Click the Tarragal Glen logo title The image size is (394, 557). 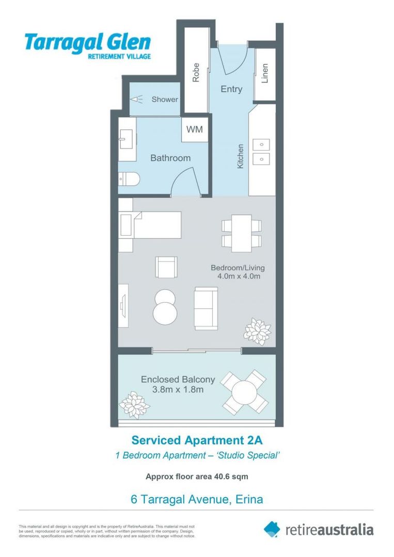88,42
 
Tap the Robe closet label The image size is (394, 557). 196,73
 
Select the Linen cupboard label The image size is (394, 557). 265,74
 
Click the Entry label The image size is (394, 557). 231,89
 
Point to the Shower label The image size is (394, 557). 164,100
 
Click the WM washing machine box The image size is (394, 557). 195,129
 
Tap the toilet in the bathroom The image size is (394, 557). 129,179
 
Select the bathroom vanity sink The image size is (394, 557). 126,139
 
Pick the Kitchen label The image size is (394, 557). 240,156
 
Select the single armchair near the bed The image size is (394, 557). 166,267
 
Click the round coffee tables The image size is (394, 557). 165,305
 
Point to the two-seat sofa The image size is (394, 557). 206,308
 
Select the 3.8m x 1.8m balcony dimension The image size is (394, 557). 178,390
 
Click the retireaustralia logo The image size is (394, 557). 319,529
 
